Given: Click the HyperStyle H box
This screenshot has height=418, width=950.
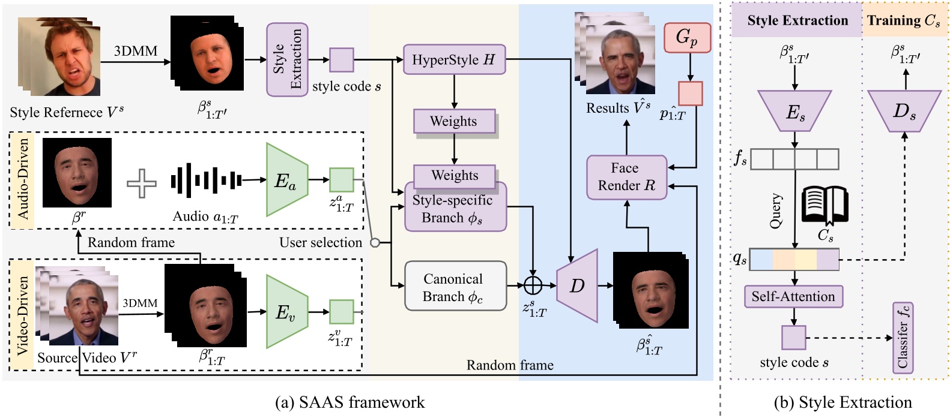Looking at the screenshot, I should (x=454, y=59).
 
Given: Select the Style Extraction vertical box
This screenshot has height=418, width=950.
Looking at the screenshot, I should (x=287, y=59).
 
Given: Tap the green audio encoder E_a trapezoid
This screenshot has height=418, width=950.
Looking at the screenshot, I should (x=286, y=179).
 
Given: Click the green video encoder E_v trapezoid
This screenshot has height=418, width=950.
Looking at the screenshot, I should (x=286, y=311).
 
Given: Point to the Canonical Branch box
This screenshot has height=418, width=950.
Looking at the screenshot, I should (x=455, y=286).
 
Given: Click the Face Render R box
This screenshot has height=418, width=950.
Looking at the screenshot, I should (x=626, y=177).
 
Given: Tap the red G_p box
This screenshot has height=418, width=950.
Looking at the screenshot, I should (x=687, y=38).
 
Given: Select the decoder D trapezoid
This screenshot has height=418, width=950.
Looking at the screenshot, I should (x=577, y=286).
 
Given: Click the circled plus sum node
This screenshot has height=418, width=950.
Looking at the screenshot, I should (x=533, y=285).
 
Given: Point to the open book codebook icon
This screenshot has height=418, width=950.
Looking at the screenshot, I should (x=824, y=206).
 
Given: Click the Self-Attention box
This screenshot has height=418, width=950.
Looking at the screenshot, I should (x=793, y=296).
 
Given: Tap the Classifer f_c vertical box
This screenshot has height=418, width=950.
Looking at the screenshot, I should (x=903, y=338).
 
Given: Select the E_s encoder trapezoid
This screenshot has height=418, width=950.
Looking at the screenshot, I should (x=794, y=111).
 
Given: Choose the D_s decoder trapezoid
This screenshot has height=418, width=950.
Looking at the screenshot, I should (x=904, y=111).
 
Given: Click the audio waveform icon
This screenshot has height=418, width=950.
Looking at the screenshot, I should (x=206, y=179).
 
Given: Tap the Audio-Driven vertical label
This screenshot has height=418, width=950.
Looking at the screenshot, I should (x=23, y=179).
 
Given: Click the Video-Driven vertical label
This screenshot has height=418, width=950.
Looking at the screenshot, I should (x=23, y=315).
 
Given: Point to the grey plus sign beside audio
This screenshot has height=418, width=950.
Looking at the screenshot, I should (x=142, y=182).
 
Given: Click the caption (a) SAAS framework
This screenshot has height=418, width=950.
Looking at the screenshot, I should (x=349, y=402).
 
